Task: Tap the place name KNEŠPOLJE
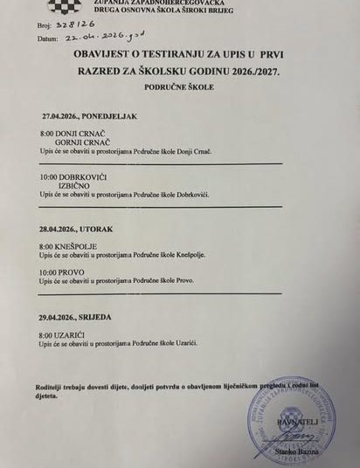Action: pos(79,248)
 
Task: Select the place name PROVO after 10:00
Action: pos(73,272)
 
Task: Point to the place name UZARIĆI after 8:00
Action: pos(74,335)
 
